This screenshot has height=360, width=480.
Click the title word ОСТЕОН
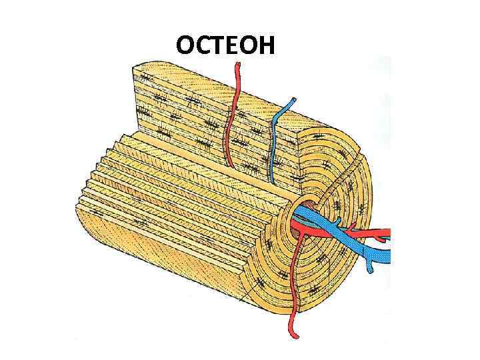point(225,45)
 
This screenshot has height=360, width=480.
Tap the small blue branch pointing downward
point(368,269)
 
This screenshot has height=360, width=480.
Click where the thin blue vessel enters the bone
point(271,182)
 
